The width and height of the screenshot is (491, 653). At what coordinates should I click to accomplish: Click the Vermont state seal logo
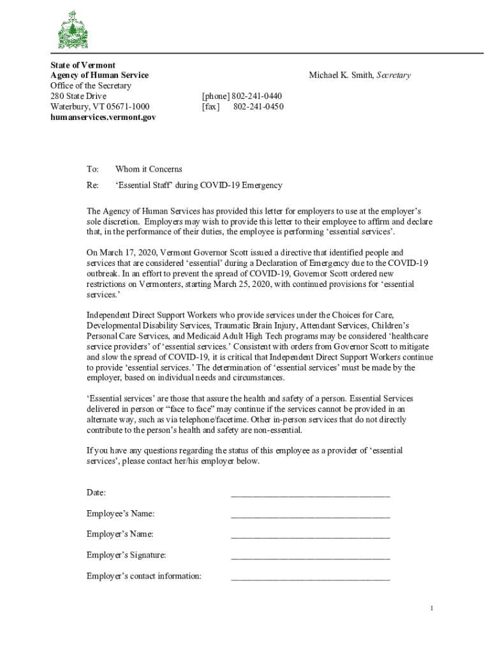pyautogui.click(x=73, y=30)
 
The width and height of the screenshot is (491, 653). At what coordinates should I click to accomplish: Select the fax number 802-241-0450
pyautogui.click(x=258, y=106)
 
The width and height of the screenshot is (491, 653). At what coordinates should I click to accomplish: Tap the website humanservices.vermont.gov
pyautogui.click(x=103, y=117)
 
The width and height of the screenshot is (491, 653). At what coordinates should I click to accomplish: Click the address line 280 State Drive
pyautogui.click(x=78, y=96)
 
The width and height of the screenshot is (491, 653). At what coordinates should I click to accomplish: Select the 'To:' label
pyautogui.click(x=92, y=169)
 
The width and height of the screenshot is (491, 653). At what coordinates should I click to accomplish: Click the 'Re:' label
pyautogui.click(x=92, y=185)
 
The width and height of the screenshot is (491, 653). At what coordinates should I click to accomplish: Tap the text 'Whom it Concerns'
pyautogui.click(x=149, y=169)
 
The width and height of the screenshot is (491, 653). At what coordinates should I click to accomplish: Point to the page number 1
pyautogui.click(x=432, y=608)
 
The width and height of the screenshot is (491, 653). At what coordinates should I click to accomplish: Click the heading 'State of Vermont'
pyautogui.click(x=83, y=65)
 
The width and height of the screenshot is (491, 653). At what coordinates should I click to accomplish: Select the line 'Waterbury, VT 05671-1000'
pyautogui.click(x=100, y=106)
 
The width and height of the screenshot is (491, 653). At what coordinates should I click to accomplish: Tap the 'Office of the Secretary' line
pyautogui.click(x=91, y=85)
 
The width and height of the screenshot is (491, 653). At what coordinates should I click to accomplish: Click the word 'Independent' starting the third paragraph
pyautogui.click(x=108, y=315)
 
